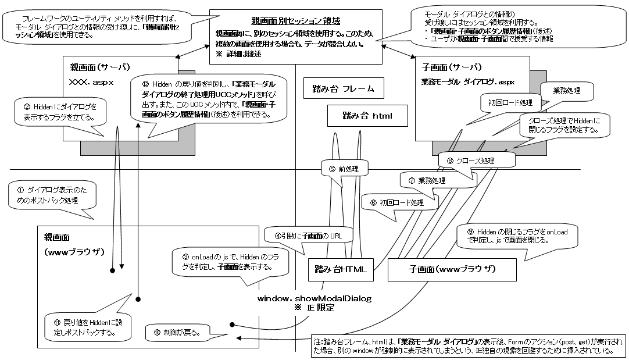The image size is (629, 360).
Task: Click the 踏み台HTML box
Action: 340,269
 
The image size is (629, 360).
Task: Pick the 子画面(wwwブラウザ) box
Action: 452,269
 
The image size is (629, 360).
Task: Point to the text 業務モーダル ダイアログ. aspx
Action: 467,82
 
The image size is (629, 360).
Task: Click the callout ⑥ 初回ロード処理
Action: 401,203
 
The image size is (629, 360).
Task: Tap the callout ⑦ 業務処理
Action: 427,180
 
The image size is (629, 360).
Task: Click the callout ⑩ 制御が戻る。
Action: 180,333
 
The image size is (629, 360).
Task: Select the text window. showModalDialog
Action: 314,298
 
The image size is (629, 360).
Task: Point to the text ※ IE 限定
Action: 314,308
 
